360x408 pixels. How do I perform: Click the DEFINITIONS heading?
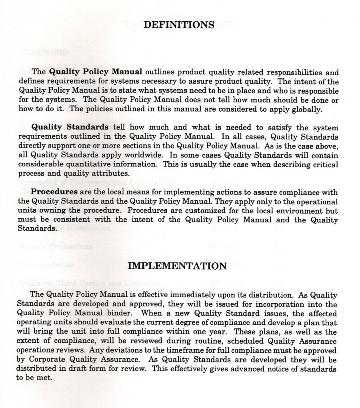click(179, 25)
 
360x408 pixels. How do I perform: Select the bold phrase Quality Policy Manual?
click(96, 72)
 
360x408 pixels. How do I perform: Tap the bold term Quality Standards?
click(70, 127)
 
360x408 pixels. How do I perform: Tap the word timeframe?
click(210, 350)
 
